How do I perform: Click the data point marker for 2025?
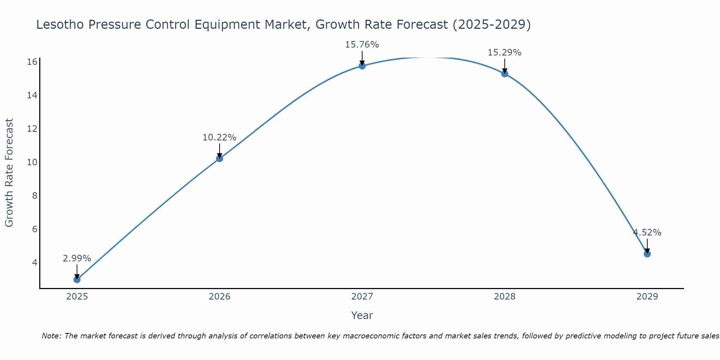(x=77, y=279)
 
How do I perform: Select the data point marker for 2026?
(x=219, y=158)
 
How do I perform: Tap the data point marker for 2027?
(x=362, y=66)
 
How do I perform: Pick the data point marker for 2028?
(x=504, y=74)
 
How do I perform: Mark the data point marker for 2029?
(x=647, y=254)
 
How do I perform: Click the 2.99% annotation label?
(x=77, y=258)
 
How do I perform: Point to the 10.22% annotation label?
(x=219, y=138)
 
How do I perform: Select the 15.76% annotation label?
(x=362, y=45)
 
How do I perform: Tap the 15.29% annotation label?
(x=504, y=53)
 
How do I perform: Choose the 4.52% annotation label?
(x=647, y=233)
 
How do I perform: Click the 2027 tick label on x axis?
(x=362, y=297)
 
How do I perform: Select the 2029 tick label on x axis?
(x=647, y=297)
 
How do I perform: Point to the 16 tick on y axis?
(x=32, y=62)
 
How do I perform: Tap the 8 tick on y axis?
(x=35, y=196)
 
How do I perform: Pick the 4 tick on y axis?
(x=35, y=262)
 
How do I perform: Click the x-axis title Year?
(x=362, y=315)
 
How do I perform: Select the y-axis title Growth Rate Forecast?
(x=9, y=173)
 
